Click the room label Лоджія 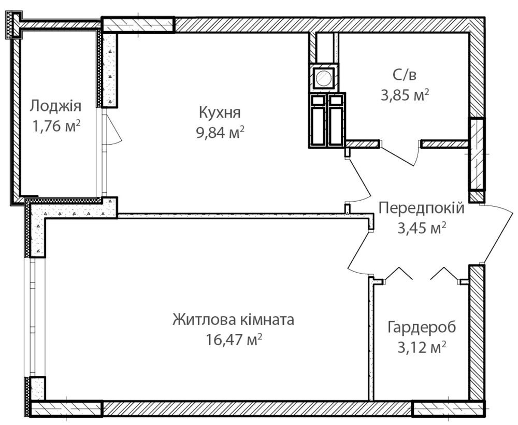coord(55,106)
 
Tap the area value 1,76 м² coord(55,126)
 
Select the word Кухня coord(219,112)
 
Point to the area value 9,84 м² coord(219,133)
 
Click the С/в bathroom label coord(404,75)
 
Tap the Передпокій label coord(421,208)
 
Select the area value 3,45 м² coord(420,228)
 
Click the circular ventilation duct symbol coord(323,78)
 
